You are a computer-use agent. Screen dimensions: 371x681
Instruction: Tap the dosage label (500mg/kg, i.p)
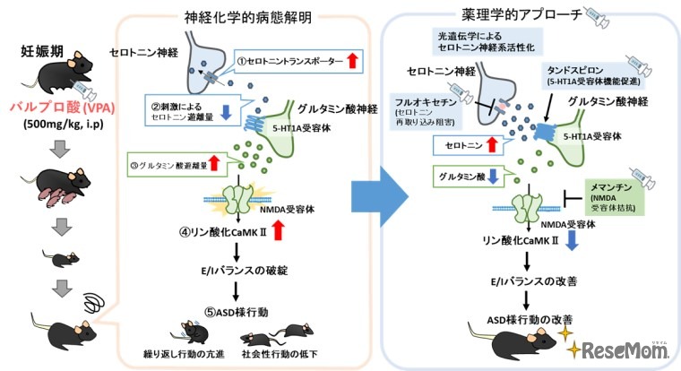click(x=56, y=123)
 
